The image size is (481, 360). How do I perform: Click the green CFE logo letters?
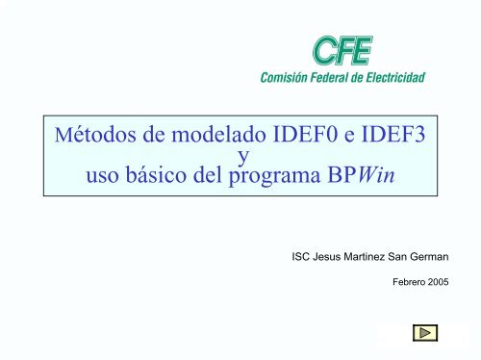pyautogui.click(x=342, y=52)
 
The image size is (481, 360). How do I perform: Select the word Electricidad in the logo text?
pyautogui.click(x=397, y=77)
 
